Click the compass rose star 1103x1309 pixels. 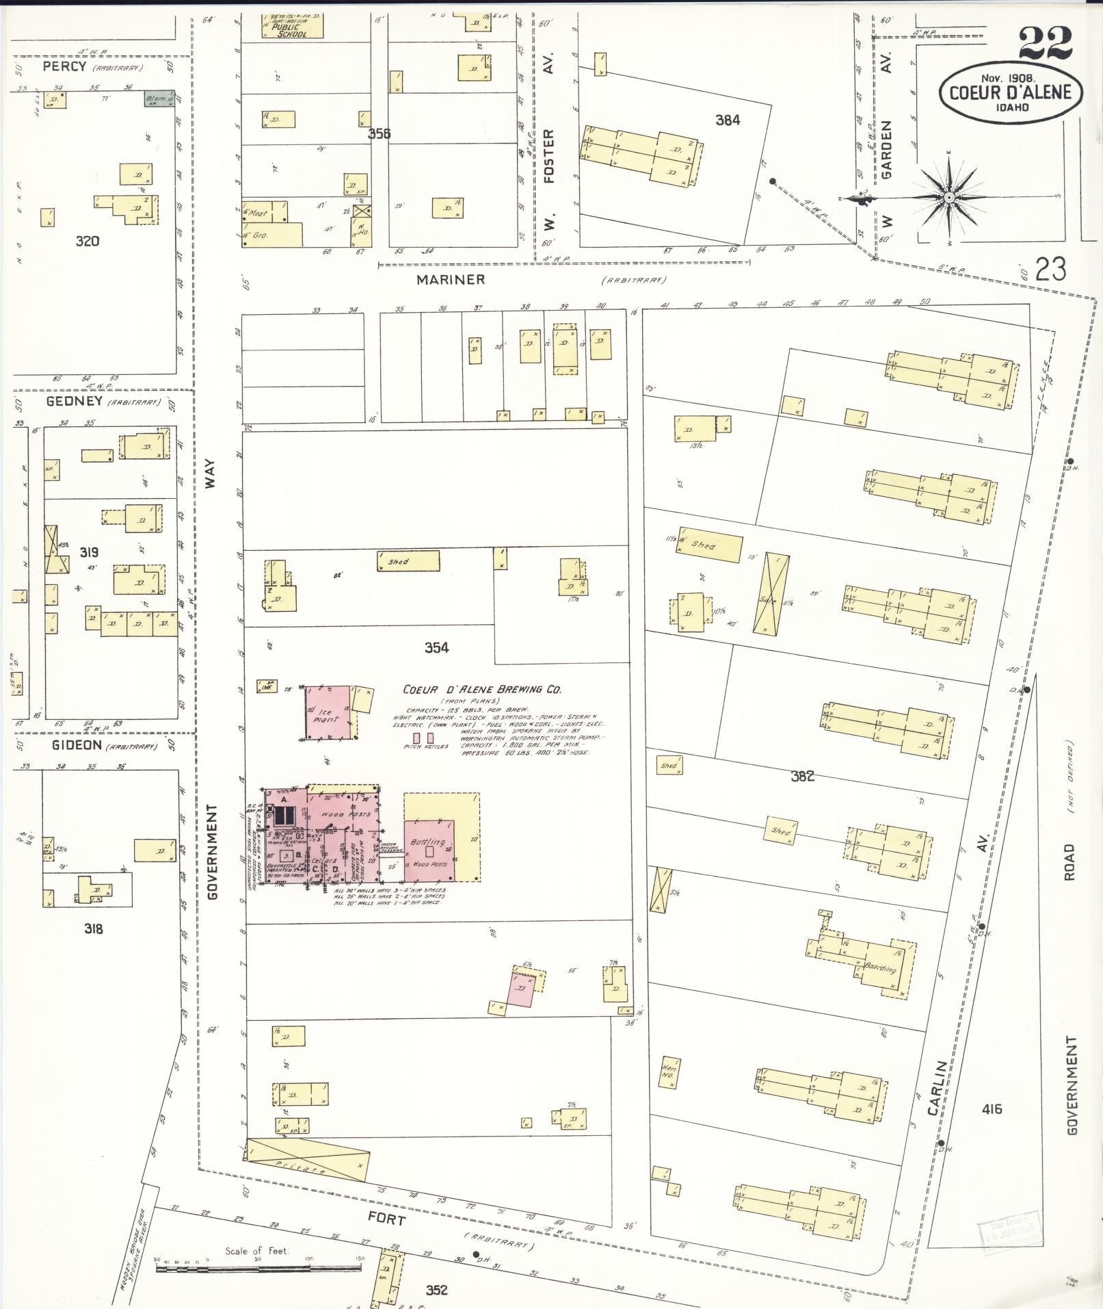pyautogui.click(x=948, y=198)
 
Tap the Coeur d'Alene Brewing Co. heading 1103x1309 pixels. pyautogui.click(x=481, y=690)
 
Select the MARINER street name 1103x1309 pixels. pyautogui.click(x=451, y=279)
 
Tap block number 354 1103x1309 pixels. pyautogui.click(x=436, y=647)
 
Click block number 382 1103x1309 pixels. pyautogui.click(x=802, y=776)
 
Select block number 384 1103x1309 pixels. pyautogui.click(x=727, y=120)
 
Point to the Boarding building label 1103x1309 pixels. pyautogui.click(x=880, y=968)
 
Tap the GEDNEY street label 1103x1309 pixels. pyautogui.click(x=74, y=402)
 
